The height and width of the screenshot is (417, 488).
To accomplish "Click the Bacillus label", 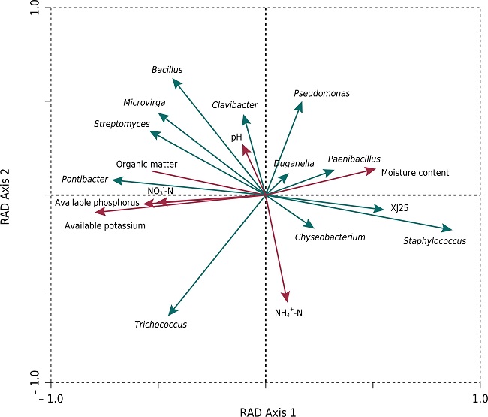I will tap(167, 70).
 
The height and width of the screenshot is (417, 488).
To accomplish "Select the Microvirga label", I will tap(144, 103).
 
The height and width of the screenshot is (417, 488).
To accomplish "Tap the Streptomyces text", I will tap(122, 123).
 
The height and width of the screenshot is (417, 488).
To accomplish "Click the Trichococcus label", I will tap(161, 325).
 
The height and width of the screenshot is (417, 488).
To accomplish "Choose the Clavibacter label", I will tap(234, 105).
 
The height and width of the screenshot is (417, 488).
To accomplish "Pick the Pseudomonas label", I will tap(321, 94).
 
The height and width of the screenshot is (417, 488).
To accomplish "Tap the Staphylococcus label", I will tap(435, 241).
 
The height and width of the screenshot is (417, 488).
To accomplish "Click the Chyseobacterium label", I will tap(330, 237).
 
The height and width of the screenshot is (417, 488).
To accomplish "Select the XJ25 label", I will tap(399, 208).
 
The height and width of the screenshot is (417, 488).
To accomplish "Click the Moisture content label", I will tap(414, 173).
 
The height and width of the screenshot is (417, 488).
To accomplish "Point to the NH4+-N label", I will tap(289, 312).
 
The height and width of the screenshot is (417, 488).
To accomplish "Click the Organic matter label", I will tap(146, 164).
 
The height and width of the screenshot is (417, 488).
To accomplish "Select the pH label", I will tap(236, 138).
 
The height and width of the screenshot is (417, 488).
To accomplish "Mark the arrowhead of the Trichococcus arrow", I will tap(170, 314).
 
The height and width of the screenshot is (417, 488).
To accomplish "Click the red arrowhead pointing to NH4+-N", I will tap(286, 301).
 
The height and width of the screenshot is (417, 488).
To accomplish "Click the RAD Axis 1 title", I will tap(268, 412).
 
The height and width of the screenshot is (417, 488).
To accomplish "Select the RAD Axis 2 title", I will tap(9, 194).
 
